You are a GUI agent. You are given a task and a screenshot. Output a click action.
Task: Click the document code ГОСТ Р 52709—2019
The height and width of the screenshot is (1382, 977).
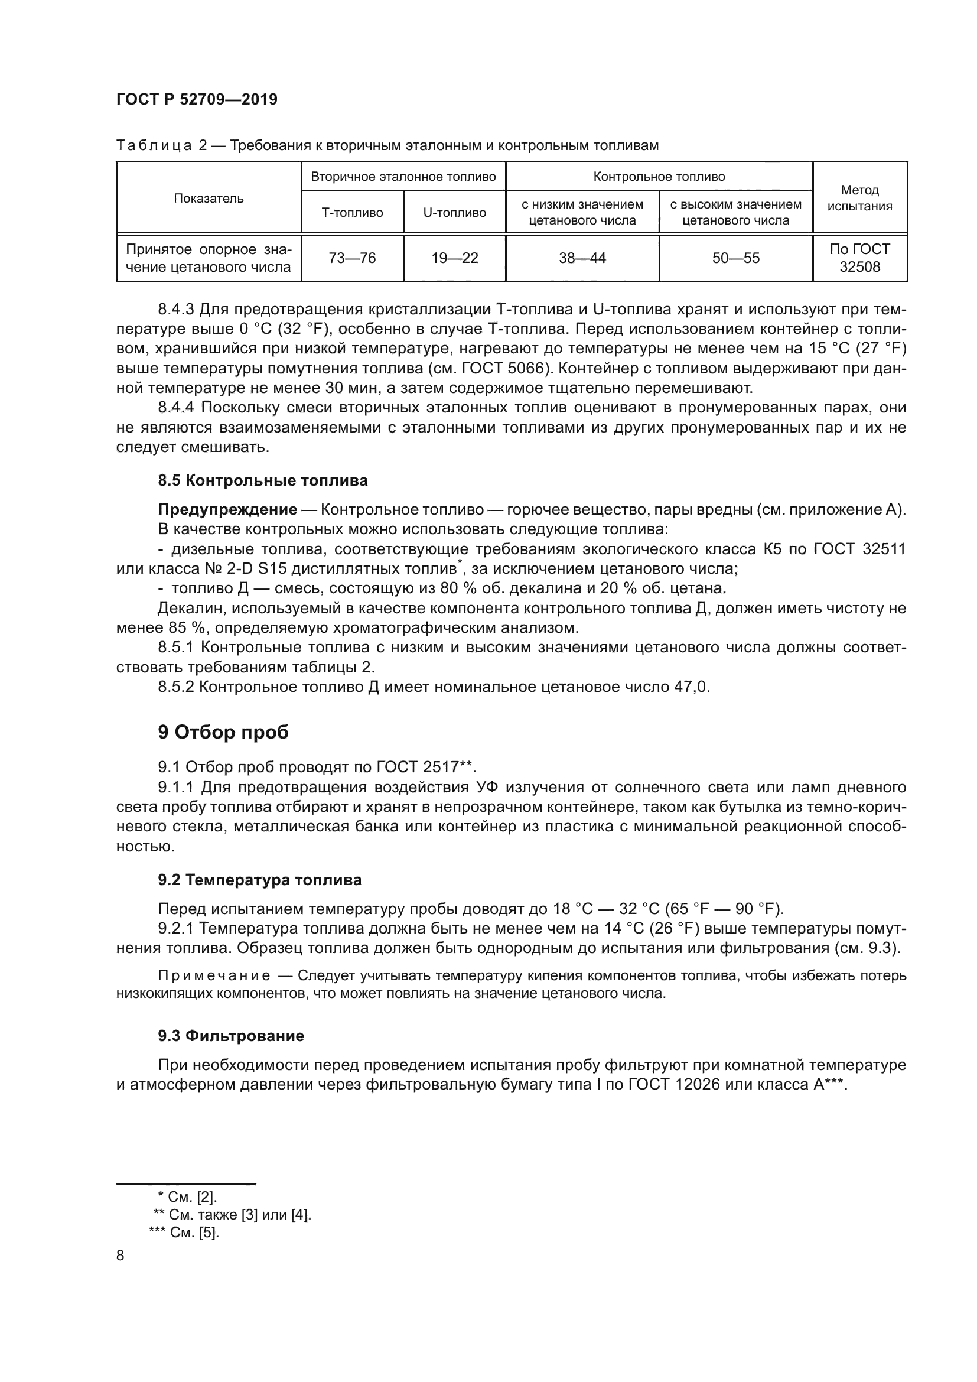[197, 100]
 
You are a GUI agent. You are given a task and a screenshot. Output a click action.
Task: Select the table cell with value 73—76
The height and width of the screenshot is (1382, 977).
[352, 258]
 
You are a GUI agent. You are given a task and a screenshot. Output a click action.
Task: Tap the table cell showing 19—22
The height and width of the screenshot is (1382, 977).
[454, 258]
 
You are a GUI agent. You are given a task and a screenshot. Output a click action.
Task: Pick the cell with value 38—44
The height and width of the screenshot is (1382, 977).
[582, 258]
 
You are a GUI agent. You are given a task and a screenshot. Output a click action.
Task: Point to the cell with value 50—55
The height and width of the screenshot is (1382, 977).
[735, 258]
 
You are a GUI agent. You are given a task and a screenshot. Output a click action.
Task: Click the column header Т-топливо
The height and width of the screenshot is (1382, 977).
[352, 213]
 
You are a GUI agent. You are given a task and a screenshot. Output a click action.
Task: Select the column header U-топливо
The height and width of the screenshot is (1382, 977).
[454, 213]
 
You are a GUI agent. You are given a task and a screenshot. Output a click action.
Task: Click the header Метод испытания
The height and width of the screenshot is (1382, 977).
[859, 198]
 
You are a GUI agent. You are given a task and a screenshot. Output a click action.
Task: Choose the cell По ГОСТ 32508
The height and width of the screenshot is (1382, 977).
[859, 258]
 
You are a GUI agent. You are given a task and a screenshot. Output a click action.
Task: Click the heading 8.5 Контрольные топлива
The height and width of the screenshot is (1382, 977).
[262, 481]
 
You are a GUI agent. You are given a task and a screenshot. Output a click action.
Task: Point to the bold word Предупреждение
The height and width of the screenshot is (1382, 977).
[227, 510]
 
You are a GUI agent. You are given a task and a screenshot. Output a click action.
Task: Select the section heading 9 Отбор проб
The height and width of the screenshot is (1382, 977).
[223, 733]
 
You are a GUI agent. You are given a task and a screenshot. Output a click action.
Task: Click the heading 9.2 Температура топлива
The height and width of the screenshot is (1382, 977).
[259, 880]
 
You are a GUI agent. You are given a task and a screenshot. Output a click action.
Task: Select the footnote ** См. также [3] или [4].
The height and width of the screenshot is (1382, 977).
[232, 1215]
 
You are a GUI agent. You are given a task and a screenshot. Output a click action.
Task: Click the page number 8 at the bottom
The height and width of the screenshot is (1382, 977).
[121, 1256]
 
